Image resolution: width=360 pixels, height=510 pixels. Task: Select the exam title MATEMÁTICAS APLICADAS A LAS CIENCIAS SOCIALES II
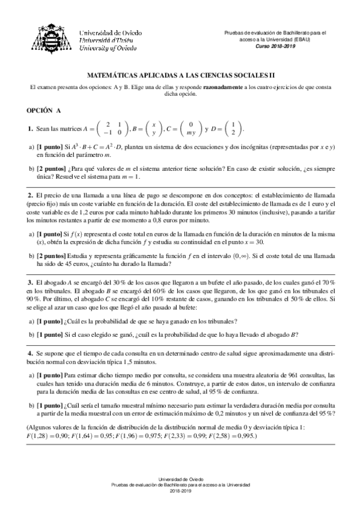[180, 77]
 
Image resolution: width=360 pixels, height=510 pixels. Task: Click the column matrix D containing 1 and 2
[233, 129]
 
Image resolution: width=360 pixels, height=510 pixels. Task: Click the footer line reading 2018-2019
[180, 491]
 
